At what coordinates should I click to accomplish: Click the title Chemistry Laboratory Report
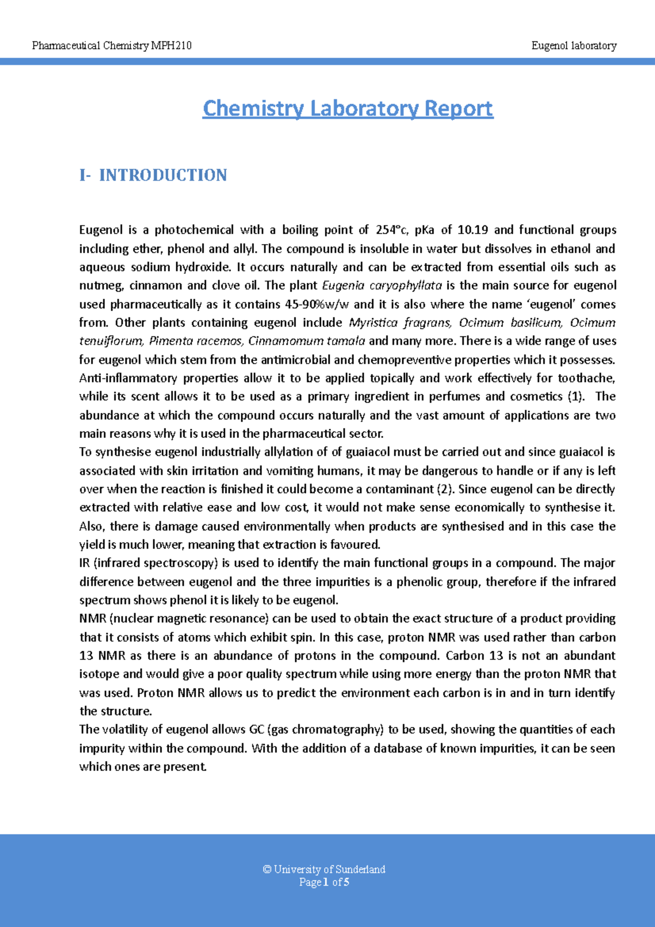348,108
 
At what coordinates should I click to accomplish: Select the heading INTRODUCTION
163,175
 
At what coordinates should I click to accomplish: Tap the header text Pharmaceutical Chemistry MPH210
112,46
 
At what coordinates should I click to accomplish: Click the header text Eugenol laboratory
574,46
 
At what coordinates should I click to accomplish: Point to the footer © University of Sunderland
324,869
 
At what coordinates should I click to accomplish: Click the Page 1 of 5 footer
324,882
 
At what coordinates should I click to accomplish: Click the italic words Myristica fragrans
400,323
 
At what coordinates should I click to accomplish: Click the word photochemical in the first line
194,230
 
